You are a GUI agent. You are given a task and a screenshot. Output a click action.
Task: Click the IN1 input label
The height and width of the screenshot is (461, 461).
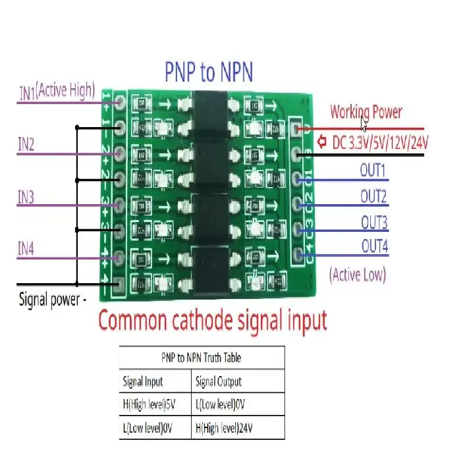[27, 93]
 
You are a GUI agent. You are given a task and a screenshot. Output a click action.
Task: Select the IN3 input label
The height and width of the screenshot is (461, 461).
[26, 198]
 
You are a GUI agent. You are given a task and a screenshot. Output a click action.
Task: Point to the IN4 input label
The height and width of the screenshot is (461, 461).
[26, 248]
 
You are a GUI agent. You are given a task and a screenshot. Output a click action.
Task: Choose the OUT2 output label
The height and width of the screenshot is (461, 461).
[373, 196]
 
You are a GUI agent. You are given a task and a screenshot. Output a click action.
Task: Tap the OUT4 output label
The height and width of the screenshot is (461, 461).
[373, 246]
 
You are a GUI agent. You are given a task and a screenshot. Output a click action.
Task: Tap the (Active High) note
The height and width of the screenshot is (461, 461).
[66, 90]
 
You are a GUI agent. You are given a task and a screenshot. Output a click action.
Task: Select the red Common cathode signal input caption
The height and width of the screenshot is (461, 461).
[212, 321]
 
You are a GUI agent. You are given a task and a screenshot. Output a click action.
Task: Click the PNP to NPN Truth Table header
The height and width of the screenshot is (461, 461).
[201, 358]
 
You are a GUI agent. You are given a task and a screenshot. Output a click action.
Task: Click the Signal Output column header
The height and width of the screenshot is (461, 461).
[219, 381]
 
